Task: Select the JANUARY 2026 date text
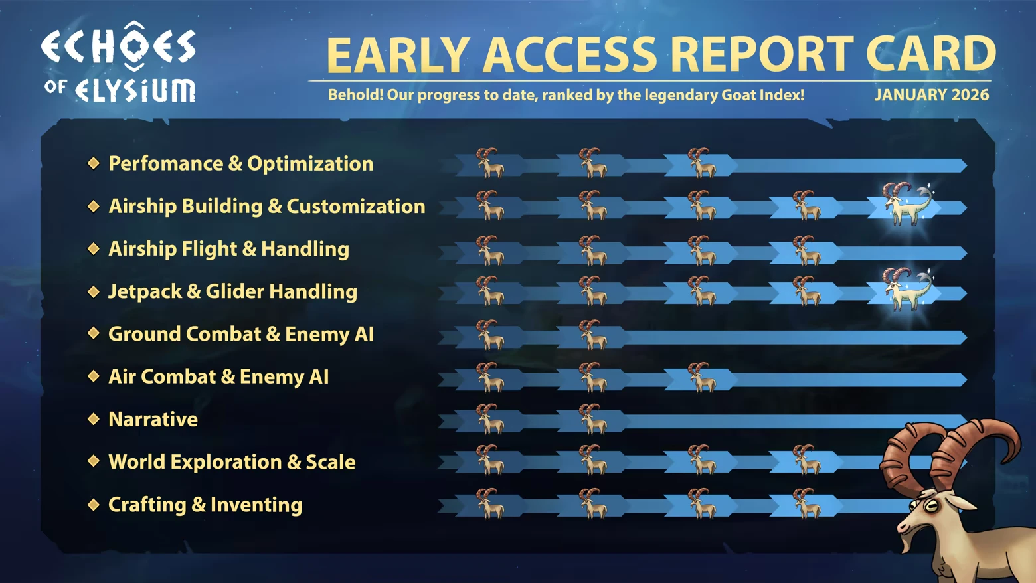coord(931,95)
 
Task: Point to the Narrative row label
coord(153,420)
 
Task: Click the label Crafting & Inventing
coord(205,505)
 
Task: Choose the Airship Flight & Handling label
coord(228,249)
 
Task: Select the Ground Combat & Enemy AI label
coord(241,334)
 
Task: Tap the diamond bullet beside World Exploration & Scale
coord(94,461)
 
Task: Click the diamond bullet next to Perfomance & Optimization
coord(94,163)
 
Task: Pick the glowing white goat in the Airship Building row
coord(906,203)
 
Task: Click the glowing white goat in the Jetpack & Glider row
coord(906,289)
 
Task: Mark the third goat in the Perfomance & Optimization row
coord(701,163)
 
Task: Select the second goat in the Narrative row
coord(592,419)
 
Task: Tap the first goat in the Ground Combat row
coord(490,334)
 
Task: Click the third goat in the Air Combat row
coord(701,377)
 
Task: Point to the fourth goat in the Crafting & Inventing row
coord(806,503)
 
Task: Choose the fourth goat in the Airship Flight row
coord(806,250)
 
